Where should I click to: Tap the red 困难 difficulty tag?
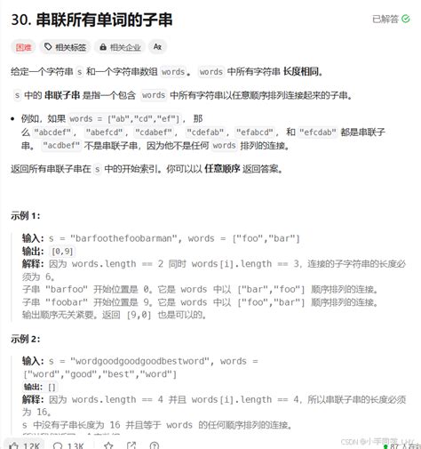click(24, 46)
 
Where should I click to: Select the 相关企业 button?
click(120, 46)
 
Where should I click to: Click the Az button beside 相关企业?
click(157, 46)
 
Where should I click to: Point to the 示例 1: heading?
click(27, 216)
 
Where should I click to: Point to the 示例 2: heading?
click(27, 339)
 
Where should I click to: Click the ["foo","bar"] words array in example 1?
click(266, 238)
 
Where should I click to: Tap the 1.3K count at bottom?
click(71, 444)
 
